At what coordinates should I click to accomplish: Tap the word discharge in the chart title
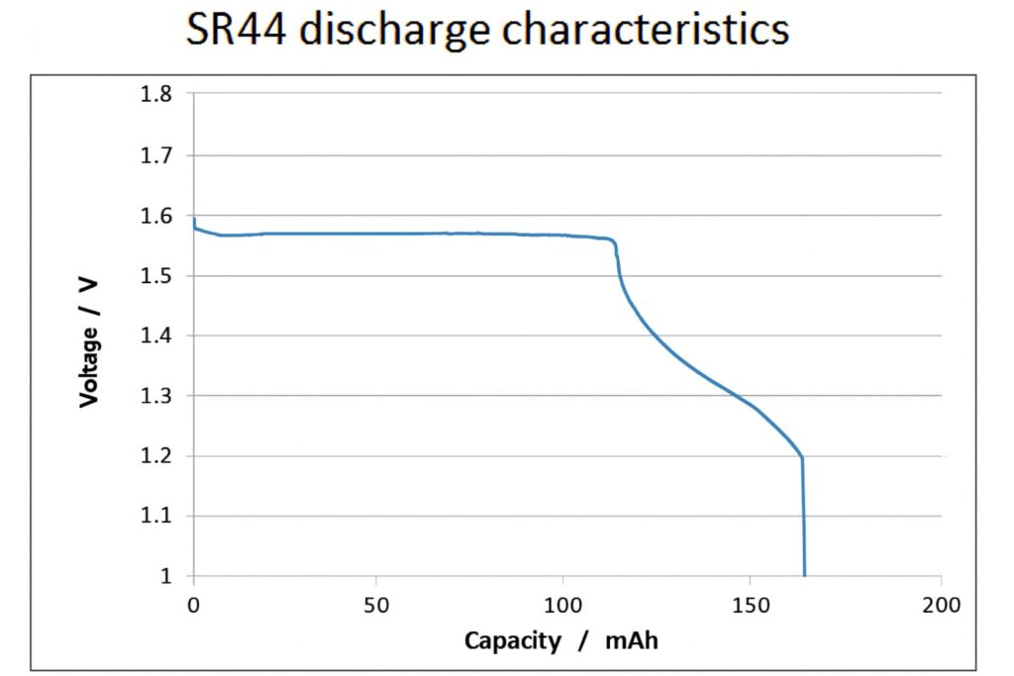(395, 31)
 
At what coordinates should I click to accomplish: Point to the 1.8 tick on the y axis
(155, 95)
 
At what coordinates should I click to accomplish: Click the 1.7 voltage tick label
(155, 155)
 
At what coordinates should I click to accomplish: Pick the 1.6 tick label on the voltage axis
(155, 216)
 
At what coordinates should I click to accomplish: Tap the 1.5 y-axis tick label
(155, 276)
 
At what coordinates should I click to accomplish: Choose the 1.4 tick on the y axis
(155, 337)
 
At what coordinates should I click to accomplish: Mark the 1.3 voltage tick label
(155, 396)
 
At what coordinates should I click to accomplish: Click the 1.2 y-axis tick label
(155, 456)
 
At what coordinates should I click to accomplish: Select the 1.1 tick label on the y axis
(155, 516)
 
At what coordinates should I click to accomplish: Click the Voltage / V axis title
(89, 340)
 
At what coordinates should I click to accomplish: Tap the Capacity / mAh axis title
(561, 640)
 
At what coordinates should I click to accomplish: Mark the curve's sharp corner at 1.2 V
(802, 457)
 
